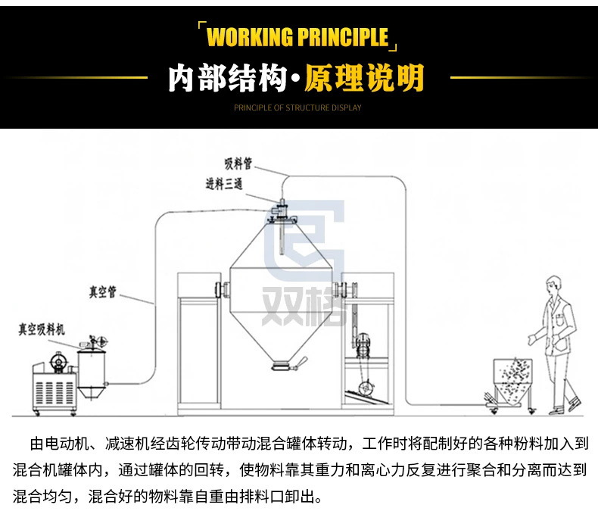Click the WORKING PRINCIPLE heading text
[x=297, y=37]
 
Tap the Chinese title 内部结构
[x=226, y=77]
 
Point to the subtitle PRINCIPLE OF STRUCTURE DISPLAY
[x=297, y=107]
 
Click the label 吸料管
[x=237, y=164]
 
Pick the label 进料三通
[x=223, y=184]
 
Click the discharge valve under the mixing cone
[x=282, y=366]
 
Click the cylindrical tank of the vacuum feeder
[x=92, y=370]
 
